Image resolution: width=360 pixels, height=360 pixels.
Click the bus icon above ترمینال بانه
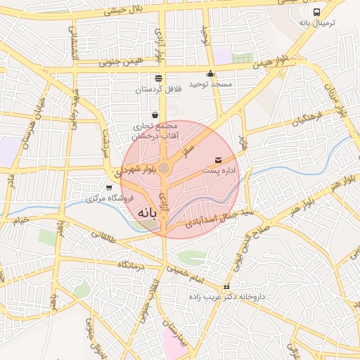tap(316, 12)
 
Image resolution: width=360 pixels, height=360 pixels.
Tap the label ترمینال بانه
tap(318, 23)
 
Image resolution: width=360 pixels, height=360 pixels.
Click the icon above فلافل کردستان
tap(158, 78)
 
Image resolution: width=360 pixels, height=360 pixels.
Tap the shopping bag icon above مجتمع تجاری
tap(155, 115)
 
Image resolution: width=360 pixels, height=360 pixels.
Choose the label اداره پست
tap(219, 171)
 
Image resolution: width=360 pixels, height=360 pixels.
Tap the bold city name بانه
tap(144, 212)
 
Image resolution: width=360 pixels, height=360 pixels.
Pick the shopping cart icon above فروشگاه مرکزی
tap(108, 188)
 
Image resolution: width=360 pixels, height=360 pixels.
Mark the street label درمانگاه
tap(131, 264)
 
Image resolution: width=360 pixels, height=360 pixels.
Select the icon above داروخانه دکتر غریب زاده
tap(226, 287)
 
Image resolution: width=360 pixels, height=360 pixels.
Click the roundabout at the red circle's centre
tap(164, 169)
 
